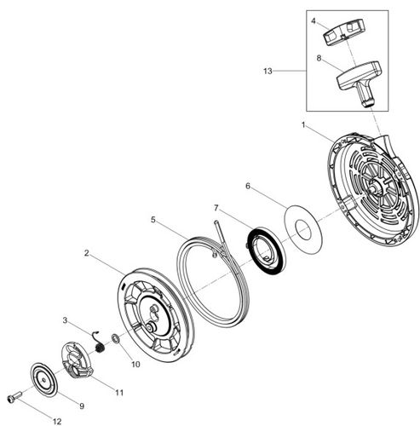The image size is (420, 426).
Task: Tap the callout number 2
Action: pos(88,253)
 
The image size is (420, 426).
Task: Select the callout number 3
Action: pos(65,320)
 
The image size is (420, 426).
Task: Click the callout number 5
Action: pos(153,219)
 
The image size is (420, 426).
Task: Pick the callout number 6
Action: pos(248,186)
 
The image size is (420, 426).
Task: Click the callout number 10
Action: pos(135,364)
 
